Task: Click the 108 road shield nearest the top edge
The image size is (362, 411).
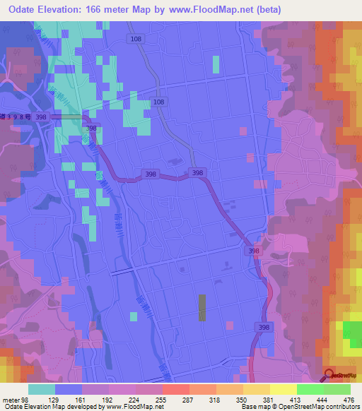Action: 136,40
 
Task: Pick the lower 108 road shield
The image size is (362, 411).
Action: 159,102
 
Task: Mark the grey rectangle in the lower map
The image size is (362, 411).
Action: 203,308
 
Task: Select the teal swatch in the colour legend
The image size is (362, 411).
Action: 42,389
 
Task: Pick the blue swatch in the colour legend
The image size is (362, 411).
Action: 69,389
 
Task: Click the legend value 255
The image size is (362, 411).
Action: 149,400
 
